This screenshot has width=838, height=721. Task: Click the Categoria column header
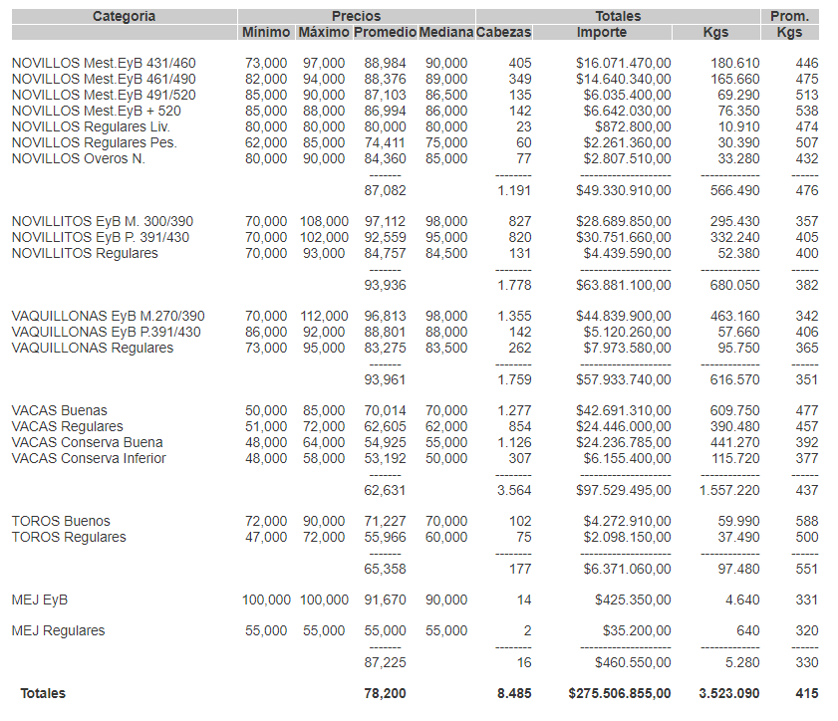[x=124, y=16]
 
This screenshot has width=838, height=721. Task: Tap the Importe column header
[x=602, y=33]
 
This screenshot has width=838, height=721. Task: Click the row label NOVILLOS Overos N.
[x=79, y=158]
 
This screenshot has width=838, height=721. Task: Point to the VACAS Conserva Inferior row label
[x=89, y=458]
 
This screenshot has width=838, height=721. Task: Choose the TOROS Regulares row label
[x=69, y=537]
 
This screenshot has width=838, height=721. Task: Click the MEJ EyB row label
[x=40, y=600]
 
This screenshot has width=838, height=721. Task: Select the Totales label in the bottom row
[x=43, y=693]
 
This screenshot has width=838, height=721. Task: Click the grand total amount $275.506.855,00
[x=620, y=693]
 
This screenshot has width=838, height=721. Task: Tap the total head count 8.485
[x=514, y=693]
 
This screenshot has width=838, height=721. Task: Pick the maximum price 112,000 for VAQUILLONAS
[x=325, y=316]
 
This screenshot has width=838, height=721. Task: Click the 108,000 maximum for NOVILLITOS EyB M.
[x=325, y=221]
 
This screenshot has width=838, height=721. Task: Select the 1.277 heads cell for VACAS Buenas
[x=514, y=410]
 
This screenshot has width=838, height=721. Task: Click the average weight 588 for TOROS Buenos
[x=807, y=521]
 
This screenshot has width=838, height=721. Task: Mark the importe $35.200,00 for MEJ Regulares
[x=637, y=630]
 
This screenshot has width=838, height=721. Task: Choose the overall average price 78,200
[x=386, y=693]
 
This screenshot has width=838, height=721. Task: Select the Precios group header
[x=356, y=16]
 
